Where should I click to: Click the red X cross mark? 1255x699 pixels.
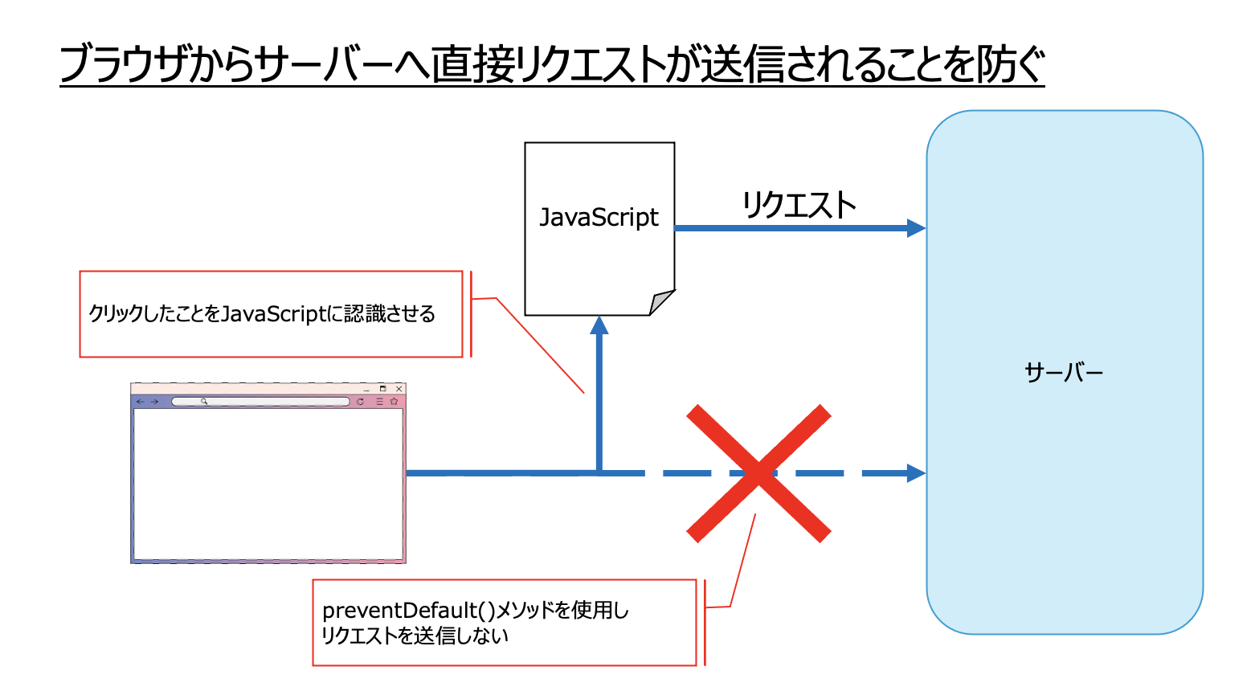pyautogui.click(x=758, y=473)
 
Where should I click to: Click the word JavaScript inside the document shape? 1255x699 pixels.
pyautogui.click(x=599, y=218)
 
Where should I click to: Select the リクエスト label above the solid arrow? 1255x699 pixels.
pyautogui.click(x=799, y=205)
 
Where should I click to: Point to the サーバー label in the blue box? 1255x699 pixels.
pyautogui.click(x=1064, y=373)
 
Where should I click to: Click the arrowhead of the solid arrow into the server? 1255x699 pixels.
pyautogui.click(x=916, y=228)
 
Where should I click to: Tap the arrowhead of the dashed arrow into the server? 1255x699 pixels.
pyautogui.click(x=916, y=473)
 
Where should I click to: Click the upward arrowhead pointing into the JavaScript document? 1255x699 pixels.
pyautogui.click(x=599, y=325)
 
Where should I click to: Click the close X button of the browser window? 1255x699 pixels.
pyautogui.click(x=399, y=389)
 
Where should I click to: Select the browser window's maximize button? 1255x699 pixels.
pyautogui.click(x=383, y=389)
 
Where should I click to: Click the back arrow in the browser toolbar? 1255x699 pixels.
pyautogui.click(x=141, y=402)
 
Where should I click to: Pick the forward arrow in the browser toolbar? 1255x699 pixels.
pyautogui.click(x=154, y=402)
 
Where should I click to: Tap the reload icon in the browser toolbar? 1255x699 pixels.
pyautogui.click(x=361, y=402)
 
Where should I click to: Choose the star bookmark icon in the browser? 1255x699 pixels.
pyautogui.click(x=394, y=402)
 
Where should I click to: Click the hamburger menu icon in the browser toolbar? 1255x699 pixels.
pyautogui.click(x=379, y=402)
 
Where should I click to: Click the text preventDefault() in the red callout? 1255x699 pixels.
pyautogui.click(x=408, y=611)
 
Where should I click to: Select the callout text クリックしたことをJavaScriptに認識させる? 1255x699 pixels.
pyautogui.click(x=262, y=313)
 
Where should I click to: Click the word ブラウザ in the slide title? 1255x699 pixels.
pyautogui.click(x=123, y=64)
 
